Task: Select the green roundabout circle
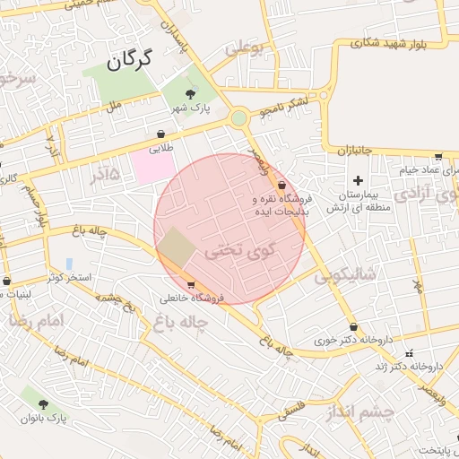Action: (238, 118)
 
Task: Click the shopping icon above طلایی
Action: (160, 134)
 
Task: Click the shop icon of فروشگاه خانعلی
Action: (190, 286)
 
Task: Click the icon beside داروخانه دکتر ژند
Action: (410, 353)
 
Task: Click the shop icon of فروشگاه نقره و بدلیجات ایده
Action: (282, 186)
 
